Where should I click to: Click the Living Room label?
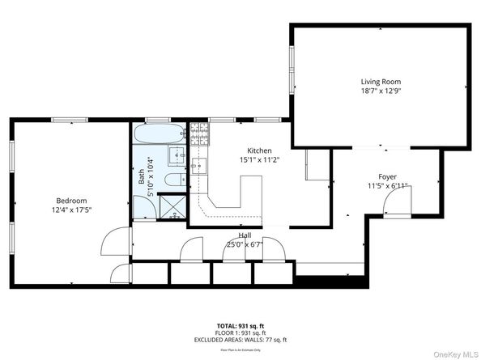pyautogui.click(x=381, y=82)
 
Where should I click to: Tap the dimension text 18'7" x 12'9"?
pyautogui.click(x=381, y=91)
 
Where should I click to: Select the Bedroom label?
pyautogui.click(x=71, y=201)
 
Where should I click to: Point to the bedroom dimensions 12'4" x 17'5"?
pyautogui.click(x=71, y=210)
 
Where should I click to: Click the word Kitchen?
pyautogui.click(x=259, y=150)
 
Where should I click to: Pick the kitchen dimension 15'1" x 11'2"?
pyautogui.click(x=259, y=160)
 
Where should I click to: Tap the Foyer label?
pyautogui.click(x=387, y=176)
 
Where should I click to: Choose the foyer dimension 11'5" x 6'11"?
pyautogui.click(x=387, y=186)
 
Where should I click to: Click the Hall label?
pyautogui.click(x=244, y=235)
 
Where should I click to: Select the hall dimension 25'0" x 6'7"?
pyautogui.click(x=244, y=244)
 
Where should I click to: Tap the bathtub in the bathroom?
pyautogui.click(x=159, y=134)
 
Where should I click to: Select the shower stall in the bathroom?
pyautogui.click(x=171, y=207)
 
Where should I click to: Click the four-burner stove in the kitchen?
pyautogui.click(x=198, y=134)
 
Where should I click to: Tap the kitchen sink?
pyautogui.click(x=202, y=167)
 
